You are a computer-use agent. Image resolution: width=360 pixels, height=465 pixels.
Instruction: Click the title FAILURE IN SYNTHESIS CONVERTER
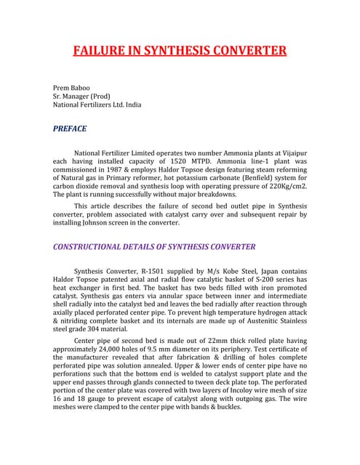click(180, 51)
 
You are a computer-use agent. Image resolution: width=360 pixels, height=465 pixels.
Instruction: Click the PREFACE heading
click(71, 129)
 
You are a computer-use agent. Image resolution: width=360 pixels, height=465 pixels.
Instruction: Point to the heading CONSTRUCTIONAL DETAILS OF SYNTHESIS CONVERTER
click(154, 247)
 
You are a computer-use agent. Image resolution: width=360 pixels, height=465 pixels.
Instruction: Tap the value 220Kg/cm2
click(287, 186)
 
